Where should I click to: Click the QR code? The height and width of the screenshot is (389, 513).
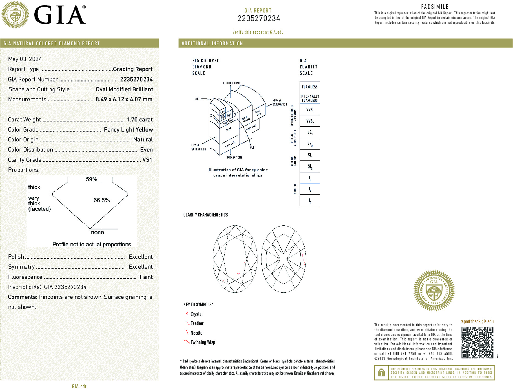click(x=477, y=342)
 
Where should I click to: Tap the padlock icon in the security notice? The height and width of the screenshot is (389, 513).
click(x=381, y=373)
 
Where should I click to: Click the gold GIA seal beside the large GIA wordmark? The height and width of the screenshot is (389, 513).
click(x=15, y=15)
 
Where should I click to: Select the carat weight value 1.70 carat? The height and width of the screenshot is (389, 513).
click(x=139, y=120)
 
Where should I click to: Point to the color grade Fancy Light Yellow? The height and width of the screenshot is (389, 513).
click(x=128, y=130)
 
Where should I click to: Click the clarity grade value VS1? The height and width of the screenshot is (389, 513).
click(x=147, y=160)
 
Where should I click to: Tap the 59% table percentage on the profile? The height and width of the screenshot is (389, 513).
click(x=91, y=179)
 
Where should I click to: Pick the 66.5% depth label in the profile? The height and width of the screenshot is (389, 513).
click(x=101, y=200)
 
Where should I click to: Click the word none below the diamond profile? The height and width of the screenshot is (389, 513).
click(x=98, y=233)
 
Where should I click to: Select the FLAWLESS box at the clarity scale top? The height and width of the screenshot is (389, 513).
click(x=310, y=87)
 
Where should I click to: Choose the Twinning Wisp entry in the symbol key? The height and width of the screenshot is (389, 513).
click(x=203, y=342)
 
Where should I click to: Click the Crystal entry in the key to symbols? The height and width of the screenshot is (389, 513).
click(x=196, y=314)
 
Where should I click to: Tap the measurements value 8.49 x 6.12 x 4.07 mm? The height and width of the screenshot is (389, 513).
click(x=124, y=100)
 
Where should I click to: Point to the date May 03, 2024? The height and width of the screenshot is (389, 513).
click(x=25, y=59)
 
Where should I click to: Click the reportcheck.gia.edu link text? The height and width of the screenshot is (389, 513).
click(x=477, y=321)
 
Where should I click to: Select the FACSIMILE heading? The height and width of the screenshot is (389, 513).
click(x=435, y=7)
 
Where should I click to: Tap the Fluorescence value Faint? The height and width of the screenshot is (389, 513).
click(x=146, y=277)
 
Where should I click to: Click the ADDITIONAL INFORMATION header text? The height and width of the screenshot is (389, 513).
click(x=212, y=43)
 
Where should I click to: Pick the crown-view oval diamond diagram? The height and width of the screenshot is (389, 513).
click(x=235, y=259)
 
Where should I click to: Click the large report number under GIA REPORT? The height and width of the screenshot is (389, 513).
click(x=259, y=18)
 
